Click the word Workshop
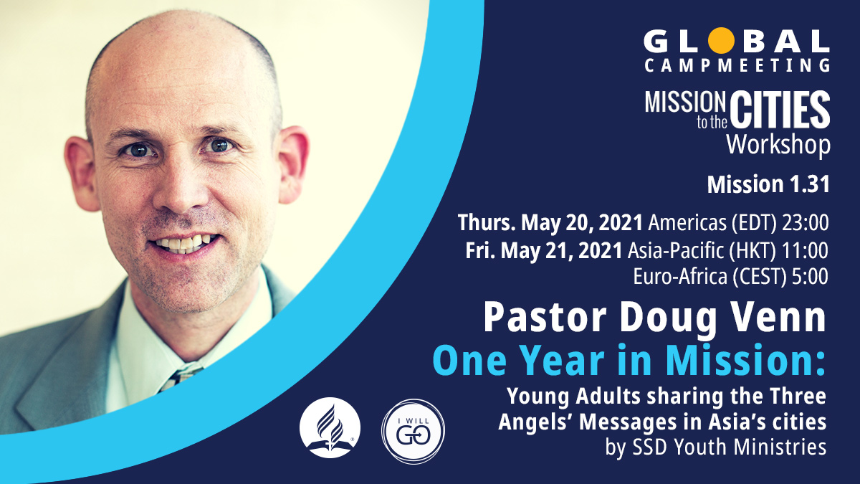[x=778, y=144]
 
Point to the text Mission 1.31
[x=768, y=184]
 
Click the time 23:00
[x=804, y=223]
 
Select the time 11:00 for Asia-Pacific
[x=805, y=250]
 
